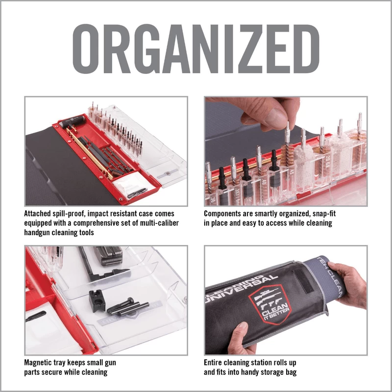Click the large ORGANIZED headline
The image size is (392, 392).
(196, 50)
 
